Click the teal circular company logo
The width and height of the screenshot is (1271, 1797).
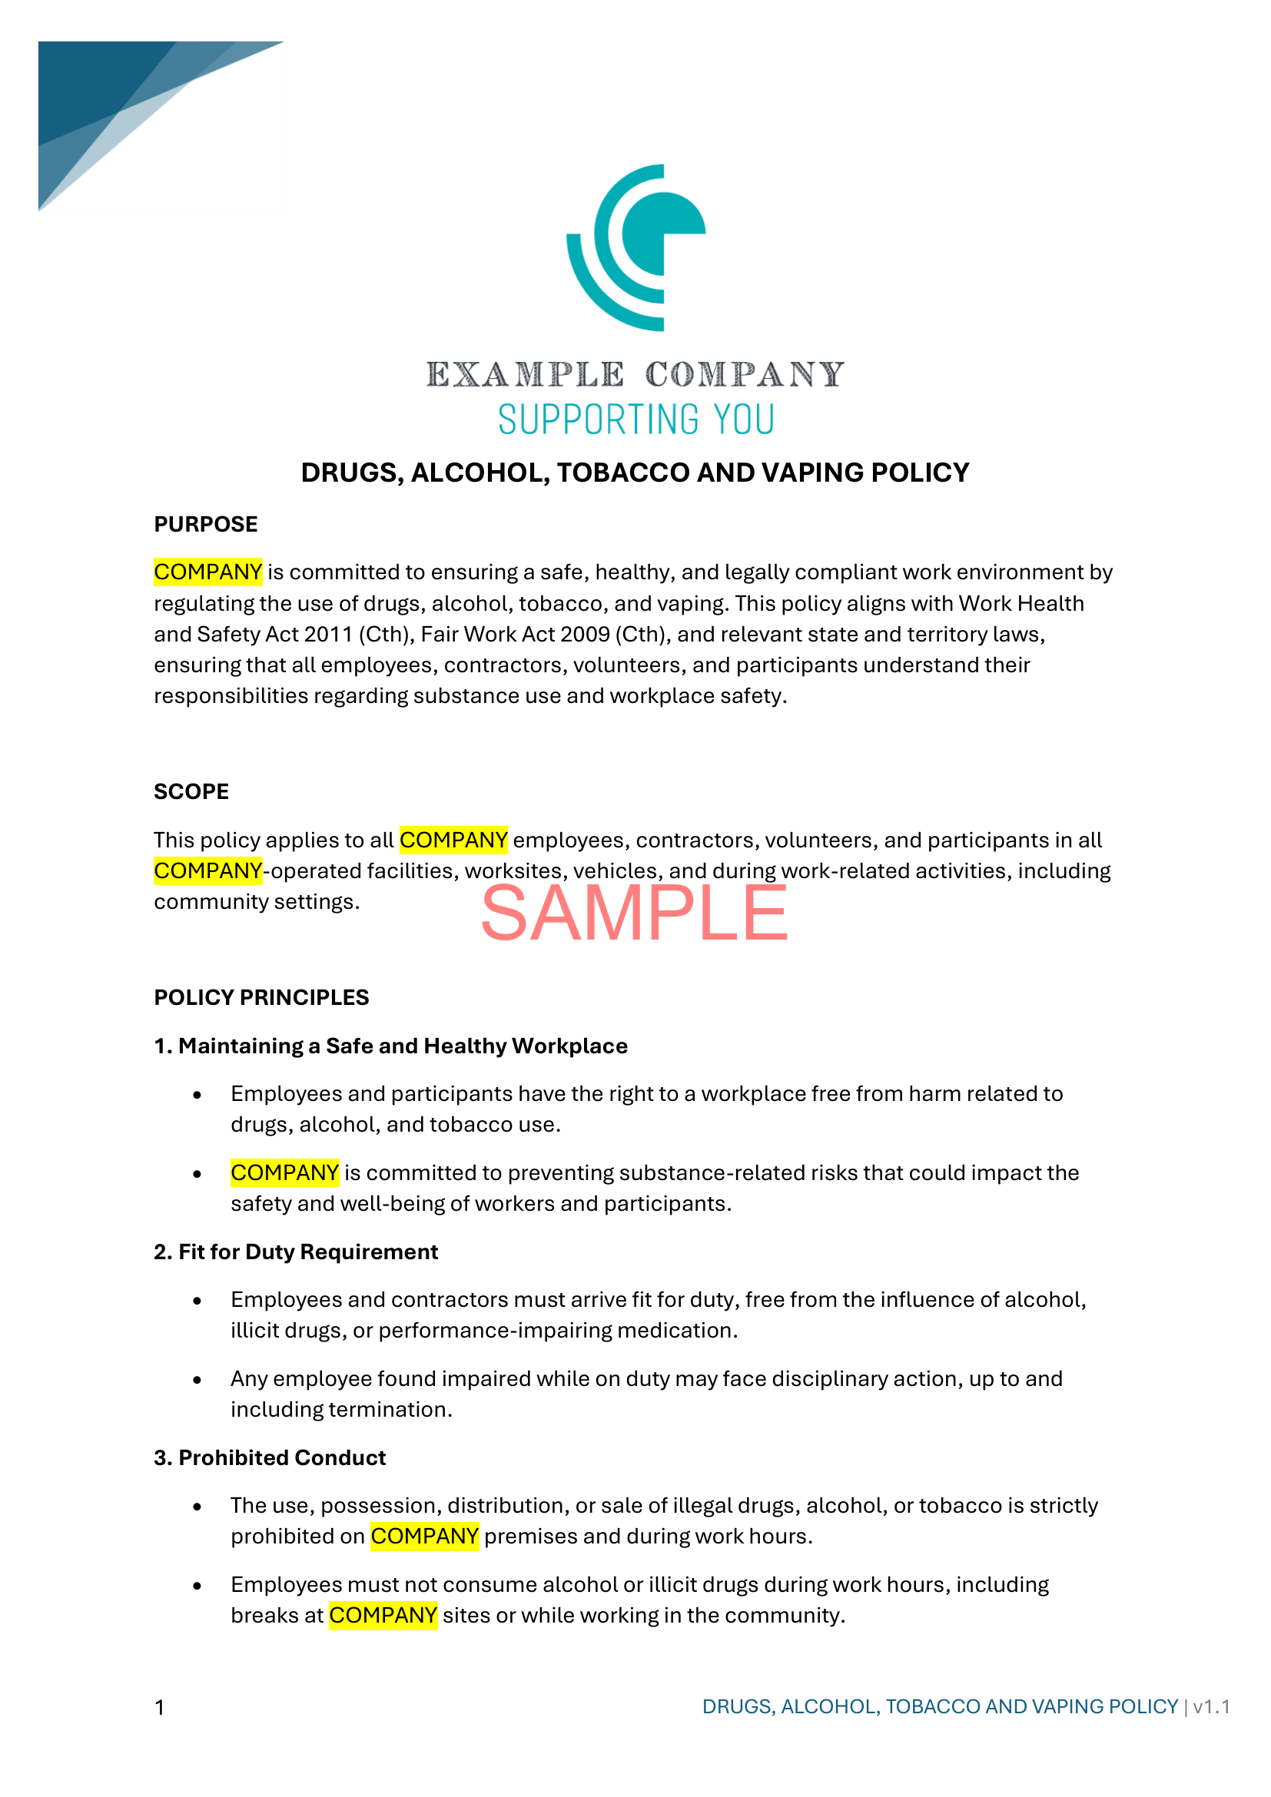click(635, 247)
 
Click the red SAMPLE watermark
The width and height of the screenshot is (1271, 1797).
click(634, 913)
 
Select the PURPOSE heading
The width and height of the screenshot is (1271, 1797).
click(205, 525)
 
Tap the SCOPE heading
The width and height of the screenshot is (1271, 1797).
click(191, 791)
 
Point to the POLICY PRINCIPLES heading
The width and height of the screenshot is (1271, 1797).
click(261, 997)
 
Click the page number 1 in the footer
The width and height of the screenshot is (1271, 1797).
click(160, 1707)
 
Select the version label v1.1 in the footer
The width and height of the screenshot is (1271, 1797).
click(1211, 1706)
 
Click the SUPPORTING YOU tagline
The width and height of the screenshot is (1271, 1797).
click(635, 419)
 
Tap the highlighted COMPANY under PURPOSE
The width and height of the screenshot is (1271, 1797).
click(207, 572)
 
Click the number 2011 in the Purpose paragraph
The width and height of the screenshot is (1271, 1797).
click(328, 634)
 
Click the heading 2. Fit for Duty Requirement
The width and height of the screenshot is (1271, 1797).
click(296, 1252)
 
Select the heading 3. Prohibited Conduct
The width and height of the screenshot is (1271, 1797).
click(270, 1457)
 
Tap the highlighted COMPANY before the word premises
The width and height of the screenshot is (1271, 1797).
click(424, 1537)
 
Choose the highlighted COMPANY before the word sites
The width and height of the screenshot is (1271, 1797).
click(383, 1616)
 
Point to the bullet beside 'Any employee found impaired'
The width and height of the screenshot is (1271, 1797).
click(197, 1380)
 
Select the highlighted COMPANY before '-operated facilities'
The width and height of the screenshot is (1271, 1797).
click(207, 870)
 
